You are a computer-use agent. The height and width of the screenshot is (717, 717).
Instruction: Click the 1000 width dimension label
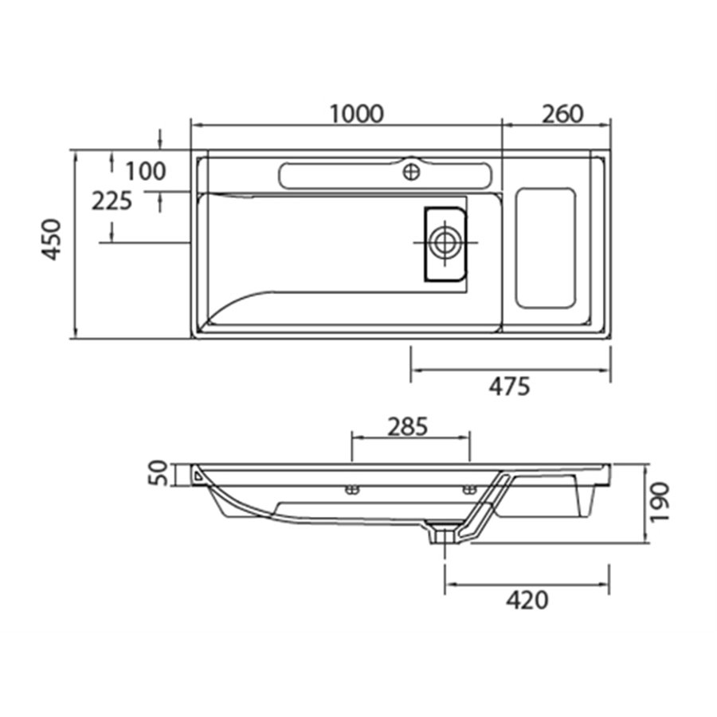pyautogui.click(x=357, y=114)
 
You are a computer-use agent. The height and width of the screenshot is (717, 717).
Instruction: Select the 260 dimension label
pyautogui.click(x=563, y=114)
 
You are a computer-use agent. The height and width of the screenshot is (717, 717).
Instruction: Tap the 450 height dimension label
pyautogui.click(x=51, y=240)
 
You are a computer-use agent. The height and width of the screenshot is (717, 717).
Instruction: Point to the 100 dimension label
pyautogui.click(x=146, y=171)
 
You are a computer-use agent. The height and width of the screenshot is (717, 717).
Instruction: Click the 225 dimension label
pyautogui.click(x=112, y=202)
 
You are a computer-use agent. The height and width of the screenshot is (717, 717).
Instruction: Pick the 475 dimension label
pyautogui.click(x=510, y=387)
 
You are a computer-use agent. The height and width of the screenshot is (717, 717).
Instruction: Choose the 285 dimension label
pyautogui.click(x=408, y=427)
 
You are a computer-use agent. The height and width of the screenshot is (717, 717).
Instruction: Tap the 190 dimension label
pyautogui.click(x=660, y=501)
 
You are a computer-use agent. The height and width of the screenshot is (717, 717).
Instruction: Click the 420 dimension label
pyautogui.click(x=527, y=601)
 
